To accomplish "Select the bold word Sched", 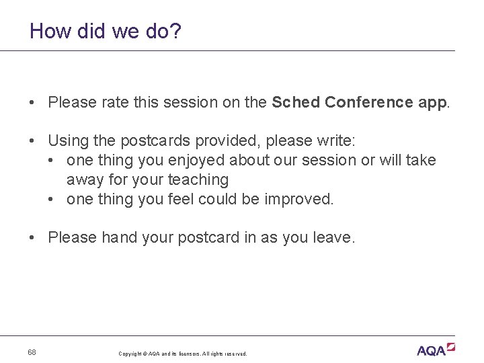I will tap(296, 102).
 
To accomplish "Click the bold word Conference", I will tap(368, 102).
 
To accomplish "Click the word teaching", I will tap(198, 180).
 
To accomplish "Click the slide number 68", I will tap(32, 352).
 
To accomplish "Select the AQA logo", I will tap(436, 349).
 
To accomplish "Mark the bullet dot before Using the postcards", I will tap(32, 141).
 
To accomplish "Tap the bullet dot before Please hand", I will tap(32, 238).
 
